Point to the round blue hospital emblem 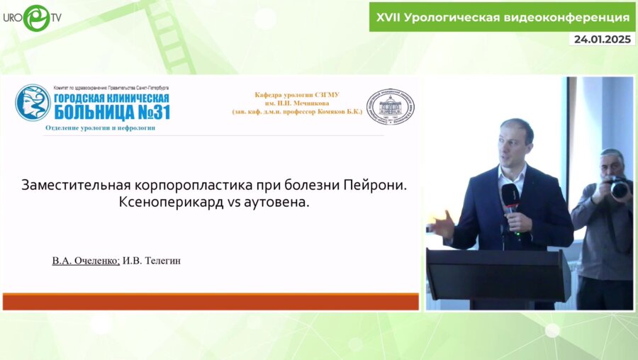[x=33, y=103]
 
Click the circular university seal [x=390, y=107]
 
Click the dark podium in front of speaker [x=497, y=274]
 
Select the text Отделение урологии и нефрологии [x=100, y=128]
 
